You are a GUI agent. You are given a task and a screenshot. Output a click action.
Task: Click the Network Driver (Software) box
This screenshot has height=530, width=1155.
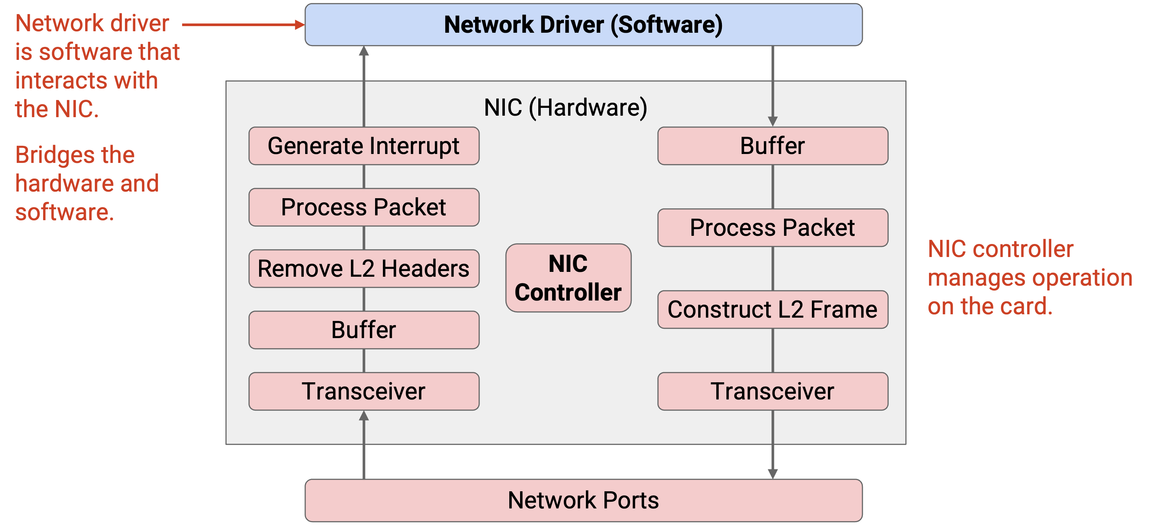pyautogui.click(x=583, y=25)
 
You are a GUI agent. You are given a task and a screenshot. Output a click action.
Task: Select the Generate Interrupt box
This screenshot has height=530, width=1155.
pyautogui.click(x=364, y=146)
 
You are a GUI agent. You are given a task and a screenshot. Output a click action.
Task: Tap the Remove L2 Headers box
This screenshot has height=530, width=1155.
pyautogui.click(x=364, y=269)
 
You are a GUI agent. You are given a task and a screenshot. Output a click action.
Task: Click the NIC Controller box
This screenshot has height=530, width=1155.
pyautogui.click(x=568, y=278)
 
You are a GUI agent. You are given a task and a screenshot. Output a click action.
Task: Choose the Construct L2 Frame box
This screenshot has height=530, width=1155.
pyautogui.click(x=772, y=309)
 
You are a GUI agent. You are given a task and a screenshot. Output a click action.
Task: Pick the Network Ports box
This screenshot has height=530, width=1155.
pyautogui.click(x=583, y=500)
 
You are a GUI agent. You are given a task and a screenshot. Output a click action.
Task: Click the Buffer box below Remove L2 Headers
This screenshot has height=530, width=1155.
pyautogui.click(x=364, y=330)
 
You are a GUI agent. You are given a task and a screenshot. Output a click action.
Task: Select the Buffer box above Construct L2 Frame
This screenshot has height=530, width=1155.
pyautogui.click(x=772, y=146)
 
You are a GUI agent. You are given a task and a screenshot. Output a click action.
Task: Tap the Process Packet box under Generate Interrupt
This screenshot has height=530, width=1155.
pyautogui.click(x=364, y=207)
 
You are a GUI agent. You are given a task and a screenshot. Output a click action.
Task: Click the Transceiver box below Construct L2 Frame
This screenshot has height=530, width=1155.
pyautogui.click(x=772, y=391)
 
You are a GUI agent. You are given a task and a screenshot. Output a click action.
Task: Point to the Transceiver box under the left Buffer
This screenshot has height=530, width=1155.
pyautogui.click(x=364, y=391)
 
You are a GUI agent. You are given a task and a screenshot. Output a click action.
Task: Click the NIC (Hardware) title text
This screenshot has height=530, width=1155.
pyautogui.click(x=565, y=108)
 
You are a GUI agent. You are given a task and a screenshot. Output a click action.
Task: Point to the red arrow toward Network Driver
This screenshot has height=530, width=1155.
pyautogui.click(x=243, y=25)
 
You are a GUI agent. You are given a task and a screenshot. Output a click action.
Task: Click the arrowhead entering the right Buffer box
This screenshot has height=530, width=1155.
pyautogui.click(x=772, y=122)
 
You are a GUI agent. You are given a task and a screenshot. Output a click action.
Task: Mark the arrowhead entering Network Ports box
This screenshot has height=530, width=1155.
pyautogui.click(x=772, y=474)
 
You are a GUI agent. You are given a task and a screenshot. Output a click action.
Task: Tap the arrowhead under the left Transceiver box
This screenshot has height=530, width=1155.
pyautogui.click(x=364, y=415)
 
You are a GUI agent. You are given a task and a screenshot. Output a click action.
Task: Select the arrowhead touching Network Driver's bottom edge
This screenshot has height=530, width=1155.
pyautogui.click(x=364, y=51)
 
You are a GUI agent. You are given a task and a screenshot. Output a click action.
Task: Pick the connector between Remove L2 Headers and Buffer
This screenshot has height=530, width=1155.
pyautogui.click(x=364, y=299)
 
